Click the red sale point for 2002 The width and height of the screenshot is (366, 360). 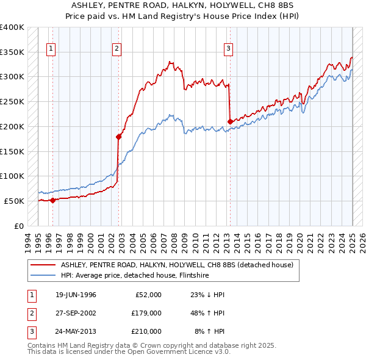119,137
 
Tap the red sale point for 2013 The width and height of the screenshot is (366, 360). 230,121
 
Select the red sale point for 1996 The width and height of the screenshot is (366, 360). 52,200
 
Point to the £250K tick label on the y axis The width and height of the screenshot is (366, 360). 12,101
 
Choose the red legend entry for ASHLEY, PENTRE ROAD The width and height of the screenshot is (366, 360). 177,265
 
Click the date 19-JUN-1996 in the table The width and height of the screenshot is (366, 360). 76,295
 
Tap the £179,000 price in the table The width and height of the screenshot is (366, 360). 146,313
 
